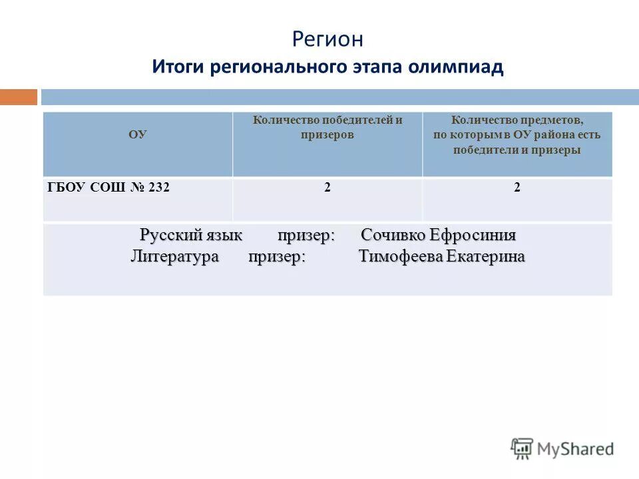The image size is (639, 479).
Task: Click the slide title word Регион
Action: coord(327,39)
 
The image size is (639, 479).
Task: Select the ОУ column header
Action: coord(138,134)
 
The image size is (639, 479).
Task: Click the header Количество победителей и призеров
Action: coord(327,127)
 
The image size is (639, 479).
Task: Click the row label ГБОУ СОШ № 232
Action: coord(108,188)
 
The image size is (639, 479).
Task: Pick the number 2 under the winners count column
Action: coord(327,188)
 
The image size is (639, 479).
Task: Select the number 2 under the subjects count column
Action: coord(517,188)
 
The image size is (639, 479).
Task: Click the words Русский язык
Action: coord(191,236)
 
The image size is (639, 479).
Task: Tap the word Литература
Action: coord(174,257)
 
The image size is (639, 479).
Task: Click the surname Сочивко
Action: coord(393,236)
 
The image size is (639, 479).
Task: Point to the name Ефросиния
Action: coord(473,236)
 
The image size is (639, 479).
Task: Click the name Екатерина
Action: coord(485,257)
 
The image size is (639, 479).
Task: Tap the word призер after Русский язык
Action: coord(306,236)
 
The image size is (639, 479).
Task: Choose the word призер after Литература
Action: coord(277,257)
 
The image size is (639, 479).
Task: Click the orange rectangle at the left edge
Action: coord(19,97)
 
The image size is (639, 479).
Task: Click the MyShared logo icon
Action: coord(523,448)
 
